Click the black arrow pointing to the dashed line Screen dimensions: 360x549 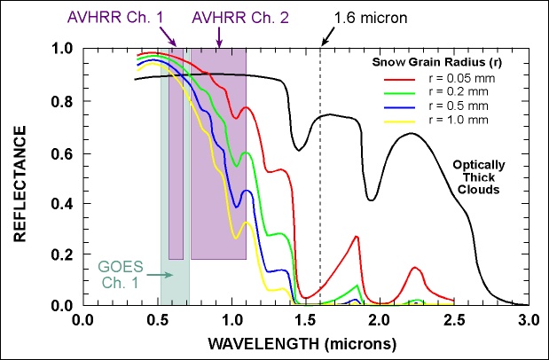pyautogui.click(x=329, y=34)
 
